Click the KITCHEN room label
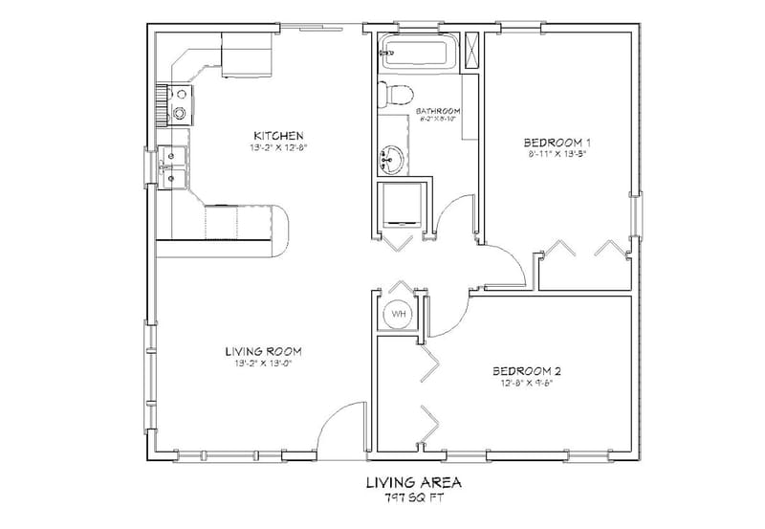click(x=278, y=134)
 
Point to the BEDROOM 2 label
click(x=525, y=371)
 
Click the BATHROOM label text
click(x=441, y=110)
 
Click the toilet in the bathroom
click(x=394, y=94)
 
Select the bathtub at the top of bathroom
click(x=417, y=53)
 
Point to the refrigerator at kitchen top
click(x=247, y=54)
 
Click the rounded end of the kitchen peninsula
click(x=279, y=230)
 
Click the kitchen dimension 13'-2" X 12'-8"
click(x=277, y=148)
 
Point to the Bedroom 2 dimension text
click(x=525, y=385)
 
